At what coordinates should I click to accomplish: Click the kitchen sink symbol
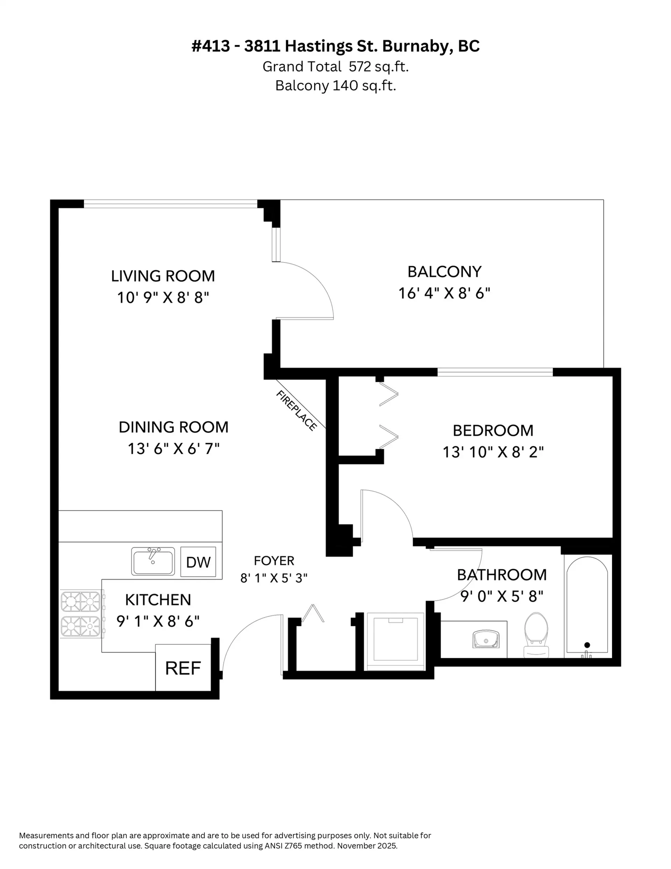coord(153,561)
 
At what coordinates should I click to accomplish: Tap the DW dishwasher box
coord(198,562)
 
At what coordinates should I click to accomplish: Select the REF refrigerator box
coord(182,668)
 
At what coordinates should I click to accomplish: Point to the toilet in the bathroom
coord(536,635)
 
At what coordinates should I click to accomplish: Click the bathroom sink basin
coord(486,639)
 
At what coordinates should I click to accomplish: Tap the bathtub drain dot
coord(587,645)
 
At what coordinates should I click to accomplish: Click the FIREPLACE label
coord(296,411)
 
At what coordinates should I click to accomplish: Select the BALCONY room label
coord(444,272)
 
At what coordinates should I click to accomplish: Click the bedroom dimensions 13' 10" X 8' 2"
coord(493,452)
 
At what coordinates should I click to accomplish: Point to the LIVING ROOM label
coord(163,276)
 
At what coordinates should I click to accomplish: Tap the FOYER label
coord(274,561)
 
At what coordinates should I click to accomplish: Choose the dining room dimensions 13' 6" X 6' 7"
coord(173,449)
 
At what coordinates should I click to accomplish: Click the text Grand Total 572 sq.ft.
coord(335,66)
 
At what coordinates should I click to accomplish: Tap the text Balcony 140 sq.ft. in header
coord(335,86)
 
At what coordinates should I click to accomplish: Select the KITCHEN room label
coord(158,600)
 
